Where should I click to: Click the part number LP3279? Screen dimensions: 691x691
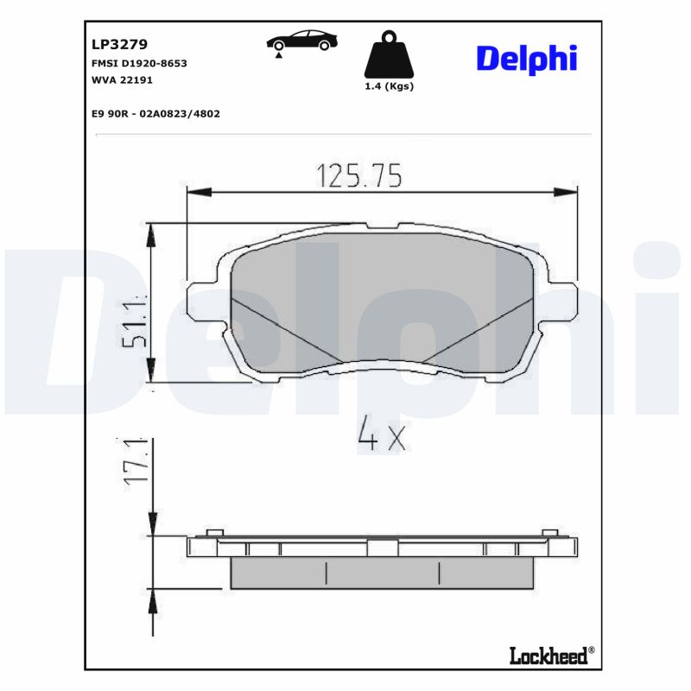pos(118,44)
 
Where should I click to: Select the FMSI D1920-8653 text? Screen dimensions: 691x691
pos(139,64)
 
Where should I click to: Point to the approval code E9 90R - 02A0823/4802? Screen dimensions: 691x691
pos(155,113)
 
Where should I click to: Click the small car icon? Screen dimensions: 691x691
pos(301,40)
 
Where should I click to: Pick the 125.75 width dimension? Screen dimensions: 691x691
pos(359,175)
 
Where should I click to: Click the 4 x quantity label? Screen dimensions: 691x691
pos(381,437)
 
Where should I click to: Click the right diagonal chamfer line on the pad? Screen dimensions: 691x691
pos(479,329)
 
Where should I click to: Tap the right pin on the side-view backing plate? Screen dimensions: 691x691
pos(549,532)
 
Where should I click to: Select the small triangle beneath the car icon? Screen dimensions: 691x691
pos(278,55)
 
